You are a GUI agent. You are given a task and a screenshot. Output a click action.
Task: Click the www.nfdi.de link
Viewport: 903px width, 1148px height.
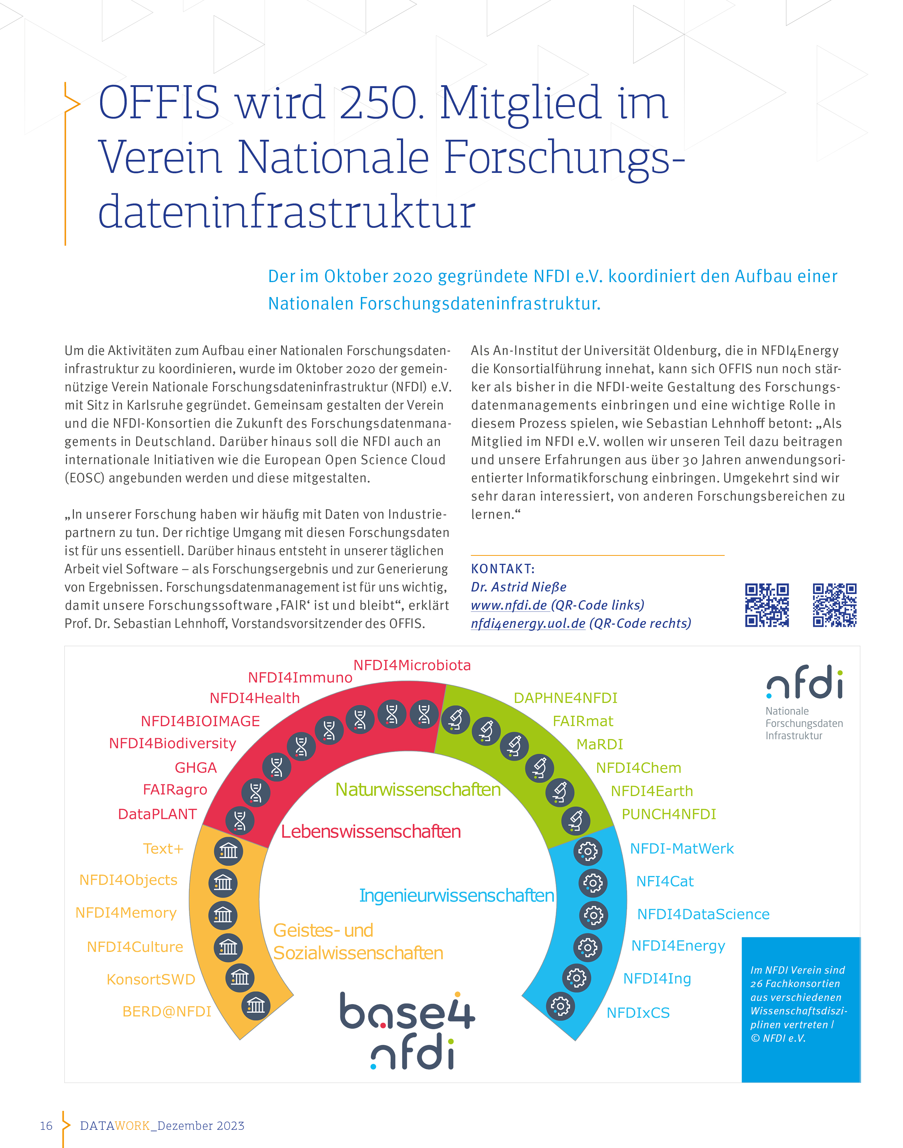pos(509,605)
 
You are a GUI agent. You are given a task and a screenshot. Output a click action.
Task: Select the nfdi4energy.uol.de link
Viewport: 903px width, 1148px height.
pos(528,624)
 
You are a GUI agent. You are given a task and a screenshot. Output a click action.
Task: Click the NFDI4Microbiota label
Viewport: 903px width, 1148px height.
pos(412,665)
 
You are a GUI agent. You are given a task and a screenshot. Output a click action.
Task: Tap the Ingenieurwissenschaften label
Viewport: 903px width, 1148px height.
pos(456,895)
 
